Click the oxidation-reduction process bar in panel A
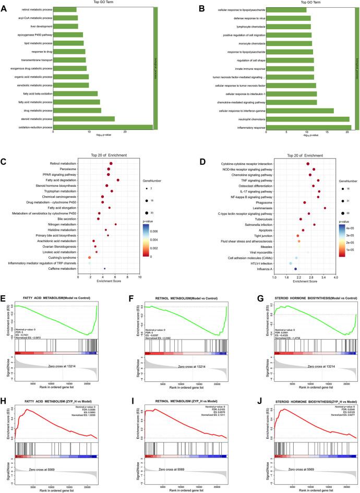(103, 127)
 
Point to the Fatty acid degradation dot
(118, 180)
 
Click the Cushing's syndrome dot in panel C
(90, 257)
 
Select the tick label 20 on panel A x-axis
(125, 132)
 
